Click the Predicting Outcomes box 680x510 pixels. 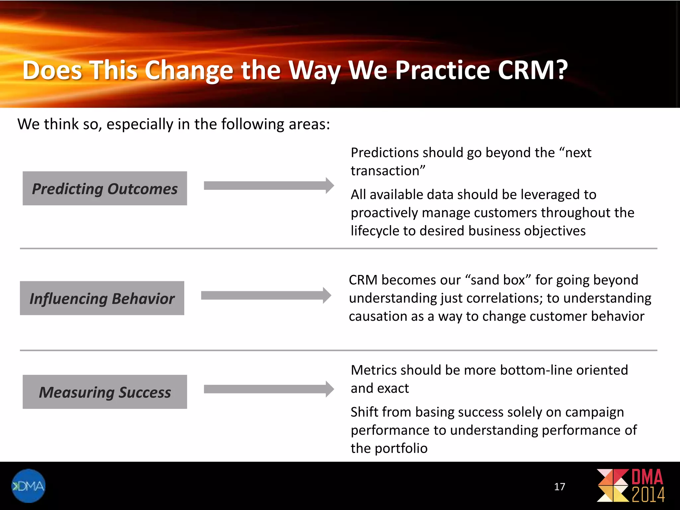pos(105,188)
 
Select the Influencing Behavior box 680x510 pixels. pos(102,298)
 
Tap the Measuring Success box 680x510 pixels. pos(105,392)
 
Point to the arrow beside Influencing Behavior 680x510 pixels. pos(266,295)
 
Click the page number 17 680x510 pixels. pos(559,487)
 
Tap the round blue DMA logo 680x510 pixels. pos(28,486)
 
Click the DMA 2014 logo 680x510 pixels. pos(631,485)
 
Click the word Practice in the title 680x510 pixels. pos(443,70)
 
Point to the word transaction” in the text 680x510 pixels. pos(388,171)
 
